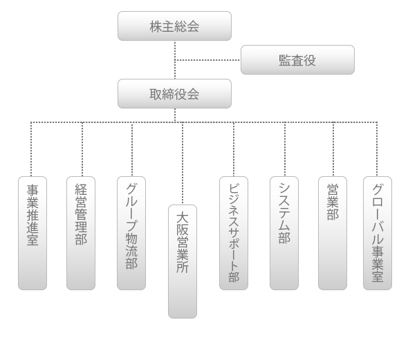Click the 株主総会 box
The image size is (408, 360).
(174, 26)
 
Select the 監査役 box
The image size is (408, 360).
(297, 60)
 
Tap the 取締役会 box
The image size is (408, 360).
(174, 93)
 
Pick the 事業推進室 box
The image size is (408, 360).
(33, 233)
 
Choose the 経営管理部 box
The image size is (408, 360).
(81, 233)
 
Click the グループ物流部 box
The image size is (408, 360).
(131, 233)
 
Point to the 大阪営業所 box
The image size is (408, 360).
(183, 261)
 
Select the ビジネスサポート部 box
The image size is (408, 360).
(234, 233)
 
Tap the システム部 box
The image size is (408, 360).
(284, 233)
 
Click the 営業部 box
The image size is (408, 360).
(333, 233)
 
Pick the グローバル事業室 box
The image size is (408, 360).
(378, 233)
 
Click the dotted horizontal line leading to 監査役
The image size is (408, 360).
(207, 60)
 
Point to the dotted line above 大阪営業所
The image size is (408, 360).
(183, 163)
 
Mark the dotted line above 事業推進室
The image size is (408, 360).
(31, 149)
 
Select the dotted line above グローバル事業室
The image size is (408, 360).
(377, 149)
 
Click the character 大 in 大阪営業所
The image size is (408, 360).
(183, 218)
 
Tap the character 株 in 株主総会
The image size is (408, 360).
(156, 26)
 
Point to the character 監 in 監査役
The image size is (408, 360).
(285, 60)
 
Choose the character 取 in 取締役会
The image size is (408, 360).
(156, 94)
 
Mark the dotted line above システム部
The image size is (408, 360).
(285, 149)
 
